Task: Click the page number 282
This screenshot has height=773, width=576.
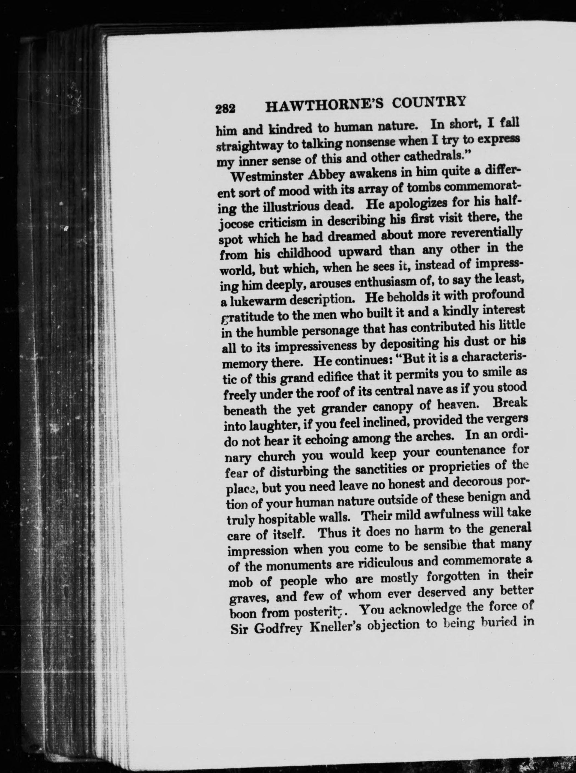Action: (226, 109)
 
